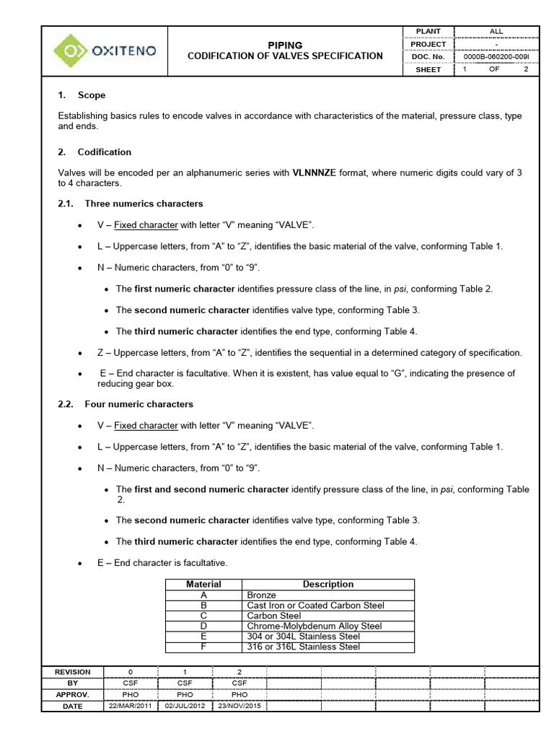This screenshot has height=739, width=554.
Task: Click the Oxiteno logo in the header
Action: pyautogui.click(x=104, y=51)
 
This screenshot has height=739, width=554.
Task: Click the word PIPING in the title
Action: pyautogui.click(x=285, y=45)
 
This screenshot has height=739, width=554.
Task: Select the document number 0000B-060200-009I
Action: pyautogui.click(x=496, y=56)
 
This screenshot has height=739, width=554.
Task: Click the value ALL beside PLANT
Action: pyautogui.click(x=496, y=31)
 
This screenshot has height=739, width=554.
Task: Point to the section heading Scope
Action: pyautogui.click(x=91, y=95)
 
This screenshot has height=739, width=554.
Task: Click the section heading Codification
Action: pyautogui.click(x=104, y=152)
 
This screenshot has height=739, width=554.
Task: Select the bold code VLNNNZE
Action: pyautogui.click(x=314, y=172)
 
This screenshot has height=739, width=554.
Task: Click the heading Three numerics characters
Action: pyautogui.click(x=144, y=204)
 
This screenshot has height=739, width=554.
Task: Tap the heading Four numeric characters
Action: pyautogui.click(x=138, y=404)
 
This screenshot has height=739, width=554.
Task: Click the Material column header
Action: pyautogui.click(x=203, y=585)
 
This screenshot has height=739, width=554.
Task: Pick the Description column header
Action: pyautogui.click(x=327, y=585)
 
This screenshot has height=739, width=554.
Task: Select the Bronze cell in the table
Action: pyautogui.click(x=261, y=595)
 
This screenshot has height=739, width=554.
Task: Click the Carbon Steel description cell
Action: pyautogui.click(x=273, y=616)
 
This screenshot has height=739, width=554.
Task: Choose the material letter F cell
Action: pyautogui.click(x=203, y=647)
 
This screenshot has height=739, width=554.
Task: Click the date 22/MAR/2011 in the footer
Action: pyautogui.click(x=130, y=707)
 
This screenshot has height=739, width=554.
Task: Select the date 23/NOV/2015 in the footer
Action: pyautogui.click(x=239, y=707)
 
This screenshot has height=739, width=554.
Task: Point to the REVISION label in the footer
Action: pyautogui.click(x=73, y=672)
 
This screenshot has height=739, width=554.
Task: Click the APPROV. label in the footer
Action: pyautogui.click(x=73, y=695)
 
